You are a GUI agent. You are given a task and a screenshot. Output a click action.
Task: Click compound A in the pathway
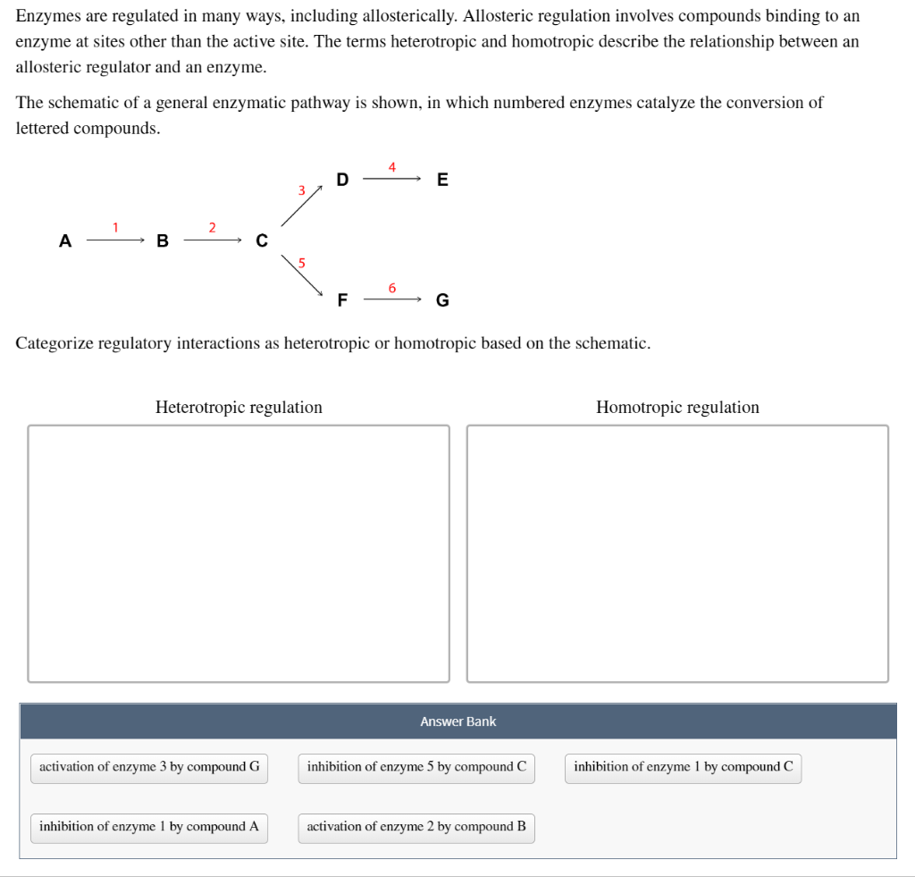click(64, 240)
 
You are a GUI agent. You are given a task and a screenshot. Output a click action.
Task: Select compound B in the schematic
click(162, 240)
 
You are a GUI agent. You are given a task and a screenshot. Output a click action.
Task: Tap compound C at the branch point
click(261, 240)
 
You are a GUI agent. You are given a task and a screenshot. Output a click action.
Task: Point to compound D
click(342, 180)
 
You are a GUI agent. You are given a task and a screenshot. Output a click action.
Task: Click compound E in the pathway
click(442, 180)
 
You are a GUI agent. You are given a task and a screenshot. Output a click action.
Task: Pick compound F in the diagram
click(342, 300)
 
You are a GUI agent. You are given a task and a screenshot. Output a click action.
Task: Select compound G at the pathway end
click(442, 300)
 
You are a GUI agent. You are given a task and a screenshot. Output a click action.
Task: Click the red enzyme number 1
click(114, 228)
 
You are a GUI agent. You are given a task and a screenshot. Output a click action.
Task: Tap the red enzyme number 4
click(391, 167)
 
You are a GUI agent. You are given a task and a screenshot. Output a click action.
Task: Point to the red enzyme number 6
click(391, 288)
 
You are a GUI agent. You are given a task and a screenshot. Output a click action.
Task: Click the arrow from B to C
click(213, 240)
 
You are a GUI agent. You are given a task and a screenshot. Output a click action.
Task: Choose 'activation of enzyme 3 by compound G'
click(149, 767)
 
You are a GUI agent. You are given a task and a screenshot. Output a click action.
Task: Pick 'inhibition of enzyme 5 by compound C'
click(416, 767)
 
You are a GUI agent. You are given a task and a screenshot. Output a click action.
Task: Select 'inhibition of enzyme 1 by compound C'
click(683, 767)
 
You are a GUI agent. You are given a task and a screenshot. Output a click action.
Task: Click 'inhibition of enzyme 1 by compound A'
click(149, 827)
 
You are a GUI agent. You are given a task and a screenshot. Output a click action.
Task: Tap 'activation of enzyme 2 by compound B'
click(416, 827)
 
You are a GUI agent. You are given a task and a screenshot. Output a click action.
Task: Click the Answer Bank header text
click(457, 721)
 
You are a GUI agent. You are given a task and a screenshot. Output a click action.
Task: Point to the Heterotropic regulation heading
click(239, 408)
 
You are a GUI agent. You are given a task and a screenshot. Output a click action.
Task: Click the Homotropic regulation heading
click(677, 408)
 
